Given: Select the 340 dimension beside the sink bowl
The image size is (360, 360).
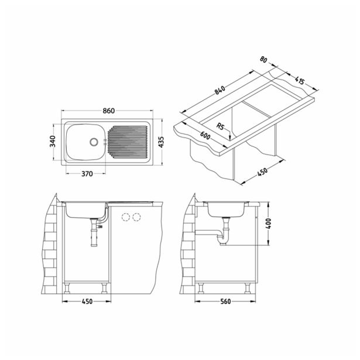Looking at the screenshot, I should click(54, 141).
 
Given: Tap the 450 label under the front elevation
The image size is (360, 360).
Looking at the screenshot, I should click(85, 303).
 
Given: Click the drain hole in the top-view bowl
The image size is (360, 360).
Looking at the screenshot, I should click(92, 141).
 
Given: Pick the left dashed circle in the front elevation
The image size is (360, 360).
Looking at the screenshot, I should click(125, 217).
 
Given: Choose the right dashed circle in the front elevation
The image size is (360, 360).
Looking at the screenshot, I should click(137, 217).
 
